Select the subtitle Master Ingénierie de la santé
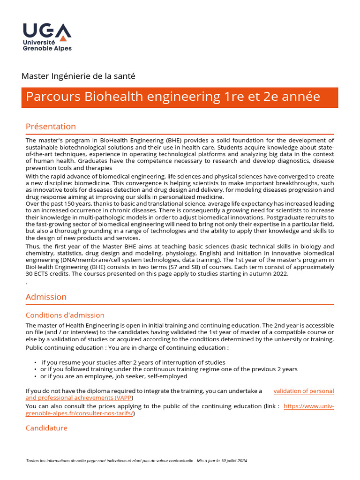(78, 75)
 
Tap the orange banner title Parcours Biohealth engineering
(173, 97)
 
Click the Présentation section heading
(51, 127)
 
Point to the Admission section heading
(46, 297)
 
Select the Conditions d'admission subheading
(65, 315)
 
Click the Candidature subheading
(46, 428)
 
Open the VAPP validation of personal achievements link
(303, 391)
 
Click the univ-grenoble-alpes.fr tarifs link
(309, 406)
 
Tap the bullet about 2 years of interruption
(133, 362)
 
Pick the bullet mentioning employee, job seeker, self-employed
(113, 376)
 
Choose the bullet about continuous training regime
(169, 369)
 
